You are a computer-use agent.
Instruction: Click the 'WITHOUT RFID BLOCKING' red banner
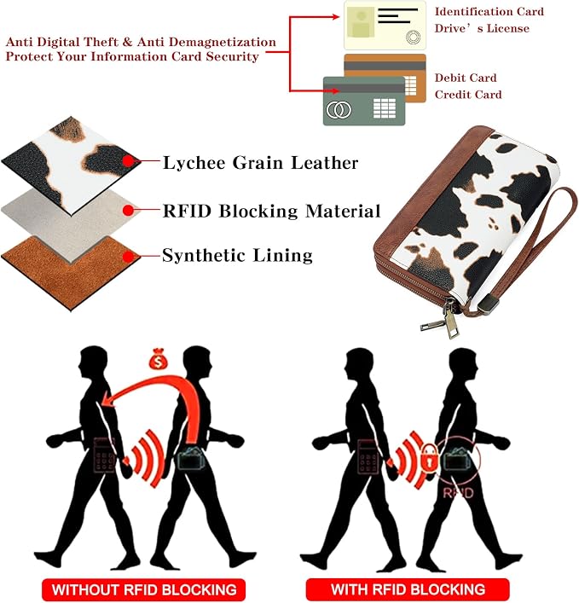click(x=143, y=589)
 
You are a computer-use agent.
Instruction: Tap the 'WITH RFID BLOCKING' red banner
click(x=408, y=589)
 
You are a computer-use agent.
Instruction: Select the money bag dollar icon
click(x=159, y=359)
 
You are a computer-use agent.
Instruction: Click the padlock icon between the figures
click(x=430, y=457)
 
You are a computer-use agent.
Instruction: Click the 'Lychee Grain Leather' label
click(x=260, y=163)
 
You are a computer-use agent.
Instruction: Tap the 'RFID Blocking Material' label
click(x=271, y=211)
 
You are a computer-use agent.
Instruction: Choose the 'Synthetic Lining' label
click(x=237, y=255)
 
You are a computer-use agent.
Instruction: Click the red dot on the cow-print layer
click(x=129, y=160)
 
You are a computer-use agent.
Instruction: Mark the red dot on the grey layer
click(x=129, y=210)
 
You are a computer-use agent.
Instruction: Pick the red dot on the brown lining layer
click(x=129, y=257)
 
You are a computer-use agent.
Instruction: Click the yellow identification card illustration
click(x=385, y=26)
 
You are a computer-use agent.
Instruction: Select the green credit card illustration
click(x=364, y=101)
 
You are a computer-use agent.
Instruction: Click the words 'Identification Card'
click(x=489, y=12)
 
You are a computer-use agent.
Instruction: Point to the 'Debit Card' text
click(x=466, y=78)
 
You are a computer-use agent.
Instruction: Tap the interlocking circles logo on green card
click(x=339, y=110)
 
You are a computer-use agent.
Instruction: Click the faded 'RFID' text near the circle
click(x=458, y=493)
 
